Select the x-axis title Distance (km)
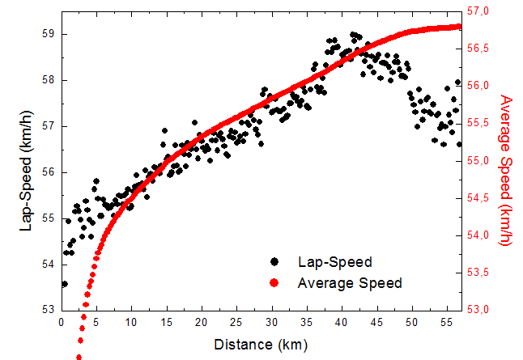[x=261, y=345]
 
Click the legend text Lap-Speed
[x=334, y=262]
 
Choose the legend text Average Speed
[x=350, y=282]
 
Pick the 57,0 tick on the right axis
[x=482, y=11]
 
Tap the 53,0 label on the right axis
[x=482, y=310]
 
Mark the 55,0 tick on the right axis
[x=482, y=161]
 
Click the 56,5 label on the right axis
[x=482, y=49]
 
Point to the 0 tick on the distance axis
[x=62, y=322]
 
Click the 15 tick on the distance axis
[x=167, y=322]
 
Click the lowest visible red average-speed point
[x=79, y=357]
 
